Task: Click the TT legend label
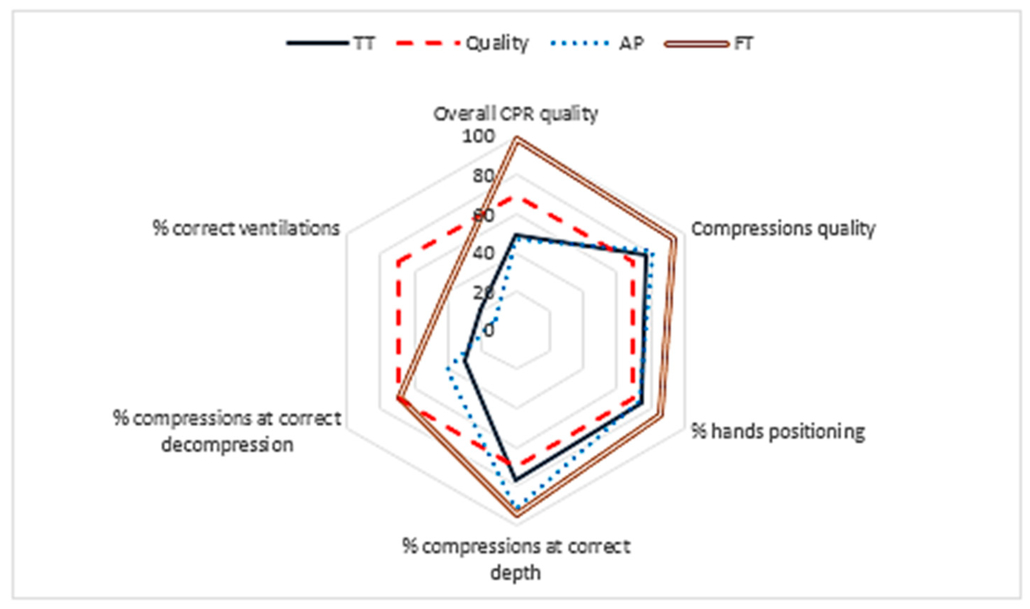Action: [x=364, y=43]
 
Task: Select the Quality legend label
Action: [x=496, y=43]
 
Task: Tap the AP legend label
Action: [x=631, y=43]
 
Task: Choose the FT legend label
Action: [x=743, y=43]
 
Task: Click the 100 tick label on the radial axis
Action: [x=478, y=137]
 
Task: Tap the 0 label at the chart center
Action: [x=489, y=330]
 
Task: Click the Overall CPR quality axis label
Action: [x=516, y=114]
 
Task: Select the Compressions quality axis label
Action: [x=783, y=229]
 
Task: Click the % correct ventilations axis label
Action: [x=246, y=228]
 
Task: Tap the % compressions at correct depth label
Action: [x=516, y=559]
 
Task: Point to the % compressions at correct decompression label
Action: [x=227, y=431]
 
